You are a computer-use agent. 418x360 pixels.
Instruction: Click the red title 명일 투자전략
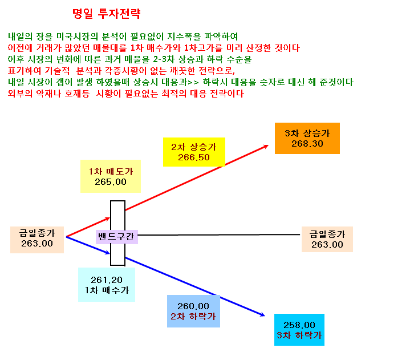(107, 14)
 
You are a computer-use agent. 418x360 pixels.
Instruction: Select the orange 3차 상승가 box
(307, 138)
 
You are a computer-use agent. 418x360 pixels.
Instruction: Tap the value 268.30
(307, 144)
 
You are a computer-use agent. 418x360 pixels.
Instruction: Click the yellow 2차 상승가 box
(194, 152)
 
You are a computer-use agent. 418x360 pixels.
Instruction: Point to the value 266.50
(194, 157)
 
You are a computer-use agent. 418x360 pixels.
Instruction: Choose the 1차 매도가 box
(111, 176)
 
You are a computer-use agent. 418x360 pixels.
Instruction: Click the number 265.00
(111, 182)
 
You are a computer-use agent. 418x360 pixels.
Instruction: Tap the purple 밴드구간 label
(117, 237)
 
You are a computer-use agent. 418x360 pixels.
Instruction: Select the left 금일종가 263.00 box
(37, 240)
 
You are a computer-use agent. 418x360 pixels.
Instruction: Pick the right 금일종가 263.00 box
(327, 239)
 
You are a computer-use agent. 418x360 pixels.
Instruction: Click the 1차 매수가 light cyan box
(107, 285)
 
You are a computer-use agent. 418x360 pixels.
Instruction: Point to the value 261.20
(107, 280)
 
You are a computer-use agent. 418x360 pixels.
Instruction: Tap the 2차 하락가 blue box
(193, 311)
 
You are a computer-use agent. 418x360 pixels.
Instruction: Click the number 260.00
(193, 306)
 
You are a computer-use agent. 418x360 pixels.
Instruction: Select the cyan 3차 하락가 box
(299, 330)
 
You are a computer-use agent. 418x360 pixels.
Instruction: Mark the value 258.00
(299, 325)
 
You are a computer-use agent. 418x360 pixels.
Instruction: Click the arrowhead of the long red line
(266, 146)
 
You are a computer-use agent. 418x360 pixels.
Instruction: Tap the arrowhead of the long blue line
(263, 315)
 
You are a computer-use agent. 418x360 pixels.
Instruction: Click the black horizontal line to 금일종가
(219, 235)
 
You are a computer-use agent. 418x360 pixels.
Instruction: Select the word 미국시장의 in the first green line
(78, 37)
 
